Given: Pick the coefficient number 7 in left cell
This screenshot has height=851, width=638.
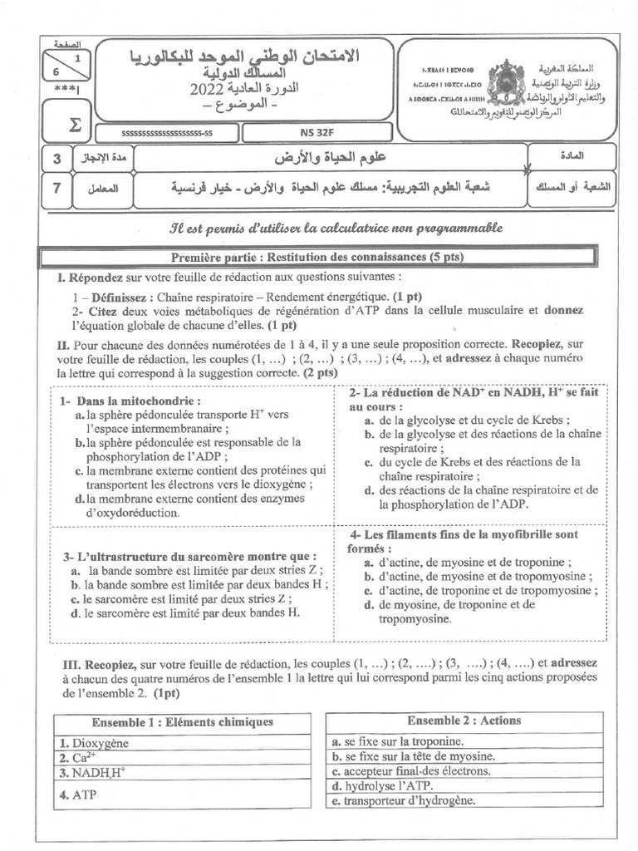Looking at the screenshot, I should (x=56, y=189).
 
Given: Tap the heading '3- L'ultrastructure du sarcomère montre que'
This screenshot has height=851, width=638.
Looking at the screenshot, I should (x=190, y=555).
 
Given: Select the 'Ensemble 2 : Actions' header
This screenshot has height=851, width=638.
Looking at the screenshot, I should (x=453, y=721).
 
